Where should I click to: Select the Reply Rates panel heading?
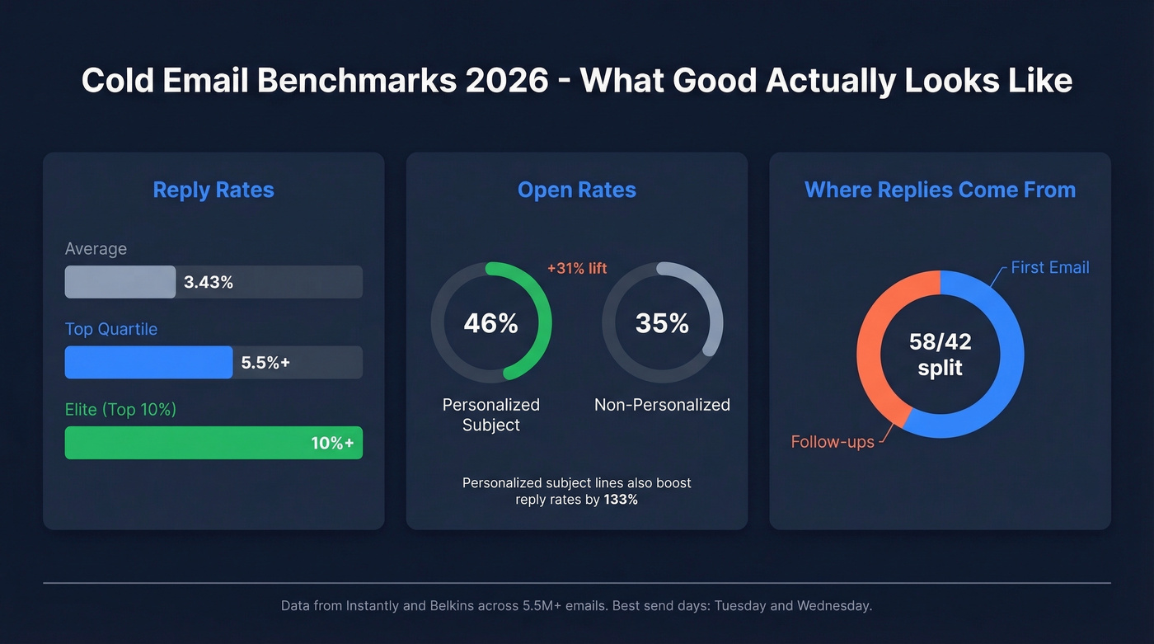(213, 190)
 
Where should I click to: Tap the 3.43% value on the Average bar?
(209, 282)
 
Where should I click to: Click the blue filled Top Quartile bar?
(148, 362)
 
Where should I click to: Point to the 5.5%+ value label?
(265, 362)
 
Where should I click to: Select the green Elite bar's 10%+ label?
(332, 443)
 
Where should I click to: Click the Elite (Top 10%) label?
(120, 409)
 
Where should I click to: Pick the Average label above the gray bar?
(96, 248)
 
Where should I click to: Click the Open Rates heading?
(576, 190)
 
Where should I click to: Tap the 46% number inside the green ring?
(490, 323)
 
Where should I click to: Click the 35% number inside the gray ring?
(662, 323)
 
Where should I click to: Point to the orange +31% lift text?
(577, 268)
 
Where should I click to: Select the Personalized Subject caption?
(490, 415)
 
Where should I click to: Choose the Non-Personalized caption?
(662, 405)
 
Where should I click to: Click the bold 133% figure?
(621, 499)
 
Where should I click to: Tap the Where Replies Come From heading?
(940, 190)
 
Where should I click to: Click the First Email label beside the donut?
(1049, 267)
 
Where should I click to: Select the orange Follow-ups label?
(833, 442)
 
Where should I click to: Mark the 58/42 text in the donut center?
(940, 341)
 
